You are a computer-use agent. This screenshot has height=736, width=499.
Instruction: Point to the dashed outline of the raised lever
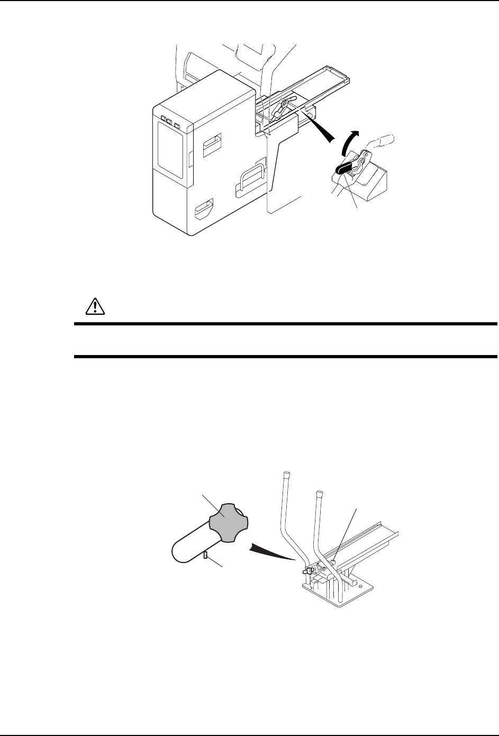coord(380,142)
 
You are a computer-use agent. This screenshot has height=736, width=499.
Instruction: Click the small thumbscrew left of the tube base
coord(307,571)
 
